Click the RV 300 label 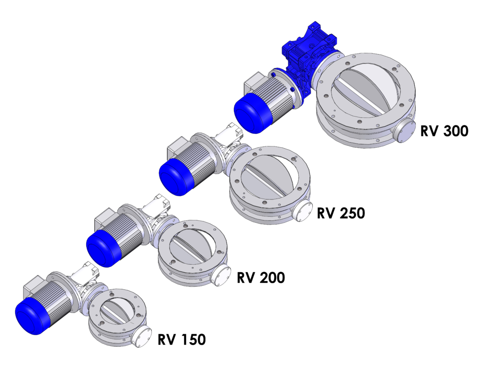(444, 131)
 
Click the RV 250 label (341, 213)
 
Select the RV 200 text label (261, 278)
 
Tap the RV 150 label (182, 339)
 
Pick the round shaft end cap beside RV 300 (404, 131)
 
